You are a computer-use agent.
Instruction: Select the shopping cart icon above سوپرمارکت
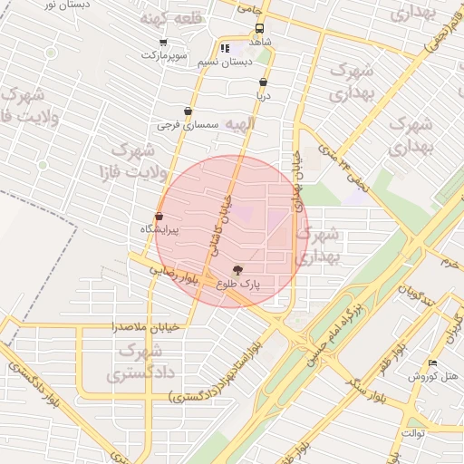pos(163,42)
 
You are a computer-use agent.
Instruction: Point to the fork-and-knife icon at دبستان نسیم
pos(224,49)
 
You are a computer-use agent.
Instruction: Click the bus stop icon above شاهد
pos(260,28)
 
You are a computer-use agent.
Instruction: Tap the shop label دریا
pos(263,94)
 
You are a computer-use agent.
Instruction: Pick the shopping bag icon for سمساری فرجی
pos(188,111)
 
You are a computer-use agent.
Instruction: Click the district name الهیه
pos(241,123)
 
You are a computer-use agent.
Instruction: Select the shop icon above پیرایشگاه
pos(159,217)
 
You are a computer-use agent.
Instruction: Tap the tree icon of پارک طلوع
pos(238,269)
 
